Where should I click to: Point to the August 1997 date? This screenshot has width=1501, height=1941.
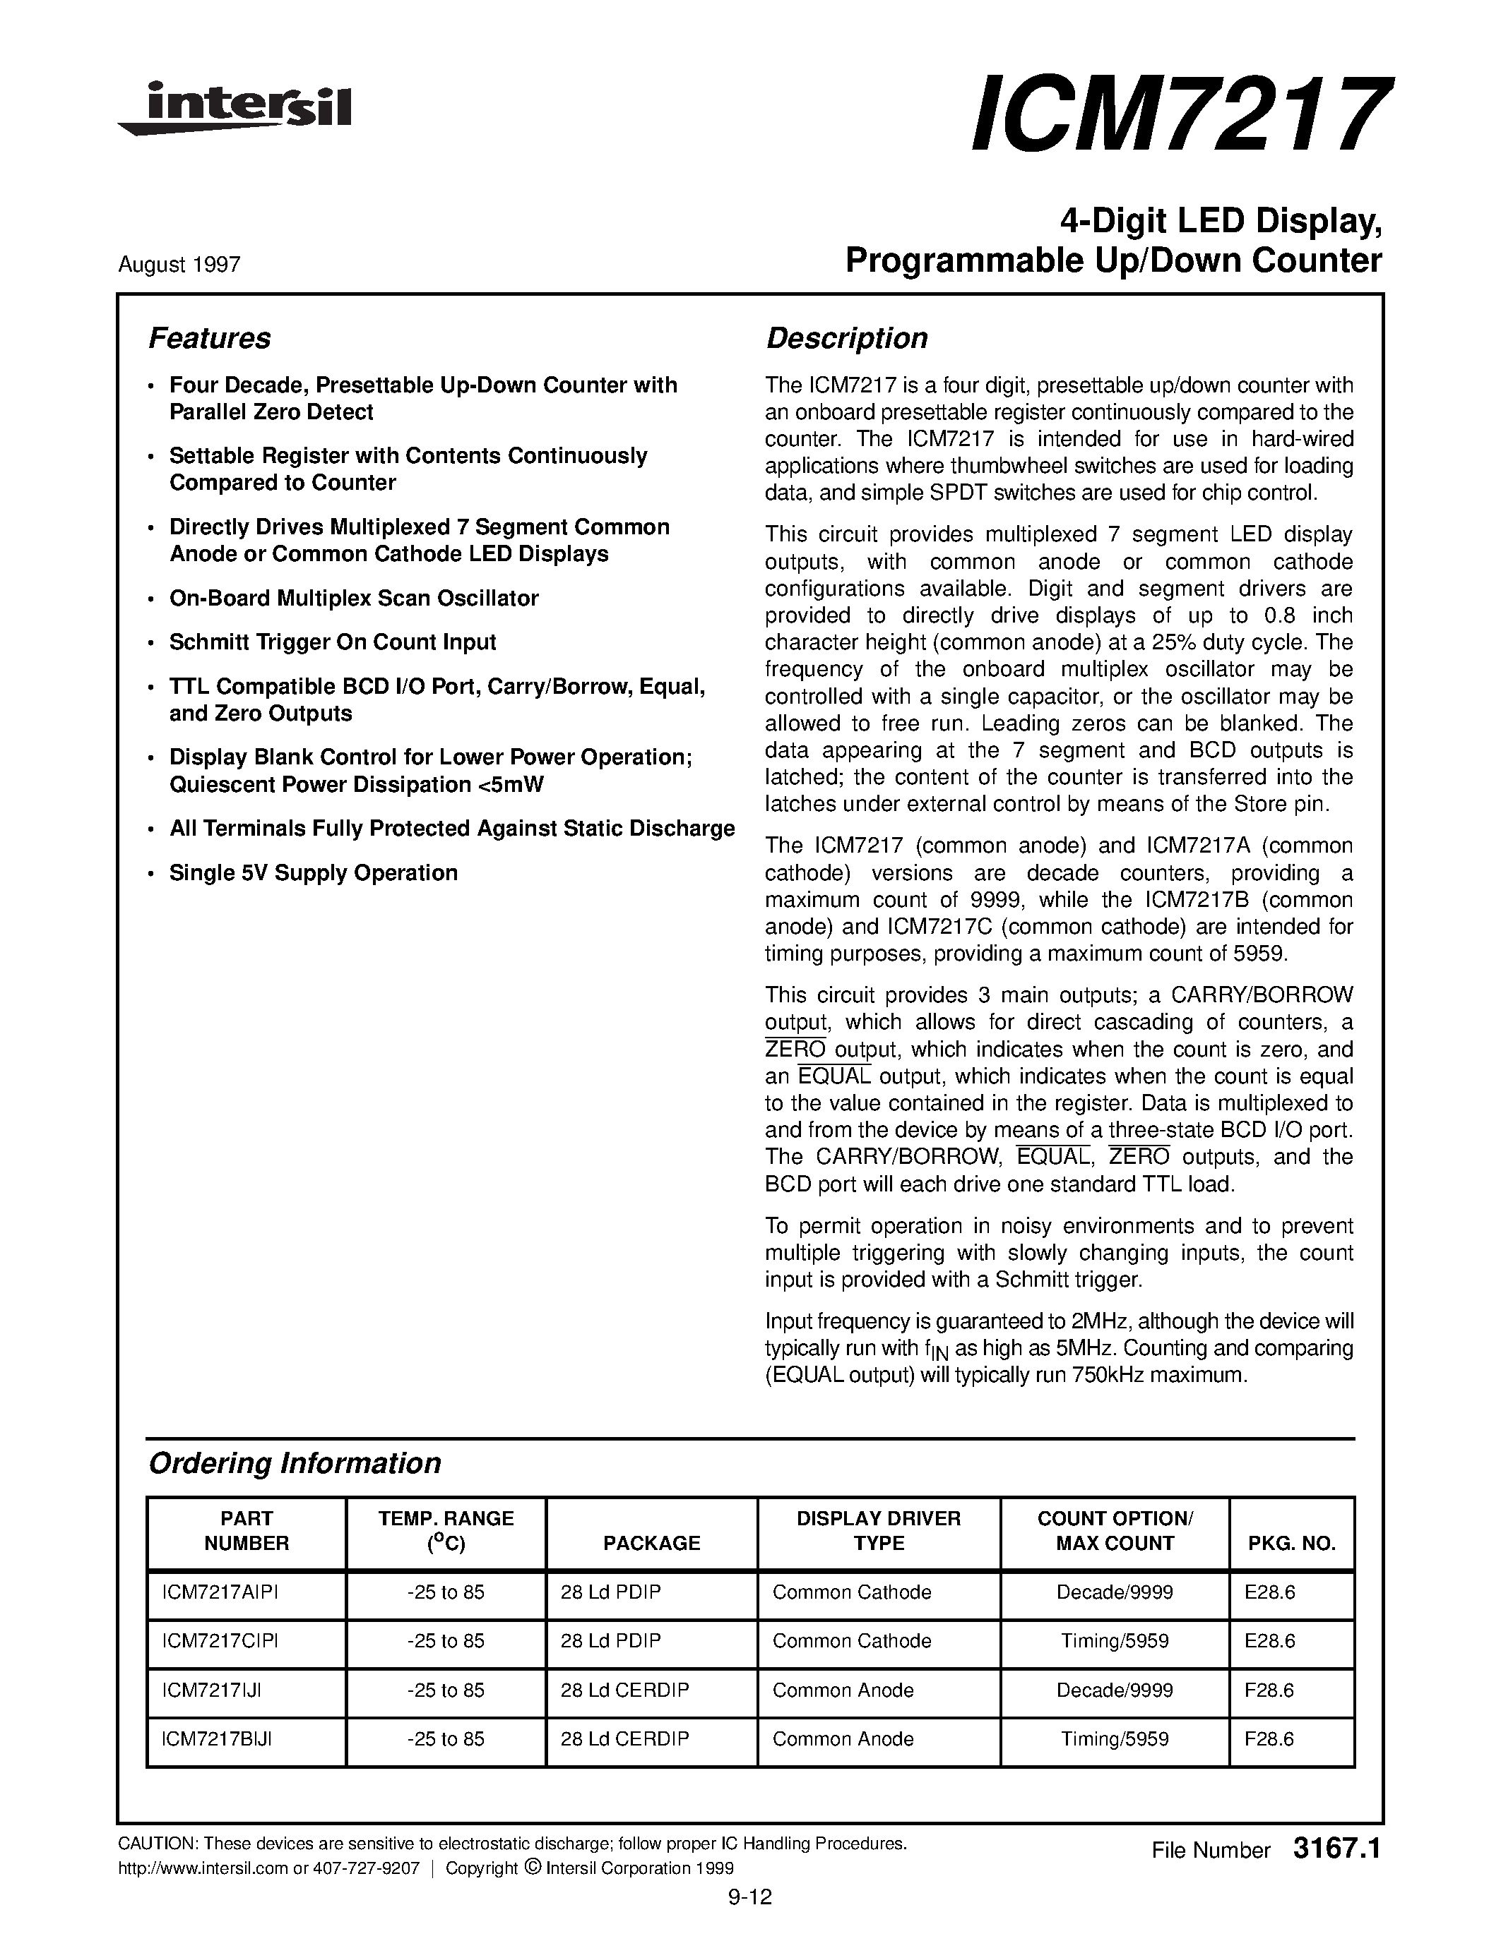(x=179, y=265)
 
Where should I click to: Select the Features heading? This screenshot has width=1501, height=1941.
(x=209, y=339)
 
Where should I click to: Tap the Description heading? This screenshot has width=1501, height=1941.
(x=846, y=339)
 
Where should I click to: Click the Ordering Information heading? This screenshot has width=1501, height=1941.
(x=295, y=1464)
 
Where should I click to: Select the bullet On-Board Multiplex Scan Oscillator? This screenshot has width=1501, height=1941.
(x=354, y=598)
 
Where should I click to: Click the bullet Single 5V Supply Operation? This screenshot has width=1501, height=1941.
(x=313, y=872)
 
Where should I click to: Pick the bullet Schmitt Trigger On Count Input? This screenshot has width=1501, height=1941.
(x=333, y=642)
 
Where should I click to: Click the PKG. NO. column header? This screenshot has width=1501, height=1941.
(x=1291, y=1544)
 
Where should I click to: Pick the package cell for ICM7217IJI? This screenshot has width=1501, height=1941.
(x=624, y=1690)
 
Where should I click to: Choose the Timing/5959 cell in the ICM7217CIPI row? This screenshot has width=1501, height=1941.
(x=1114, y=1642)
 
